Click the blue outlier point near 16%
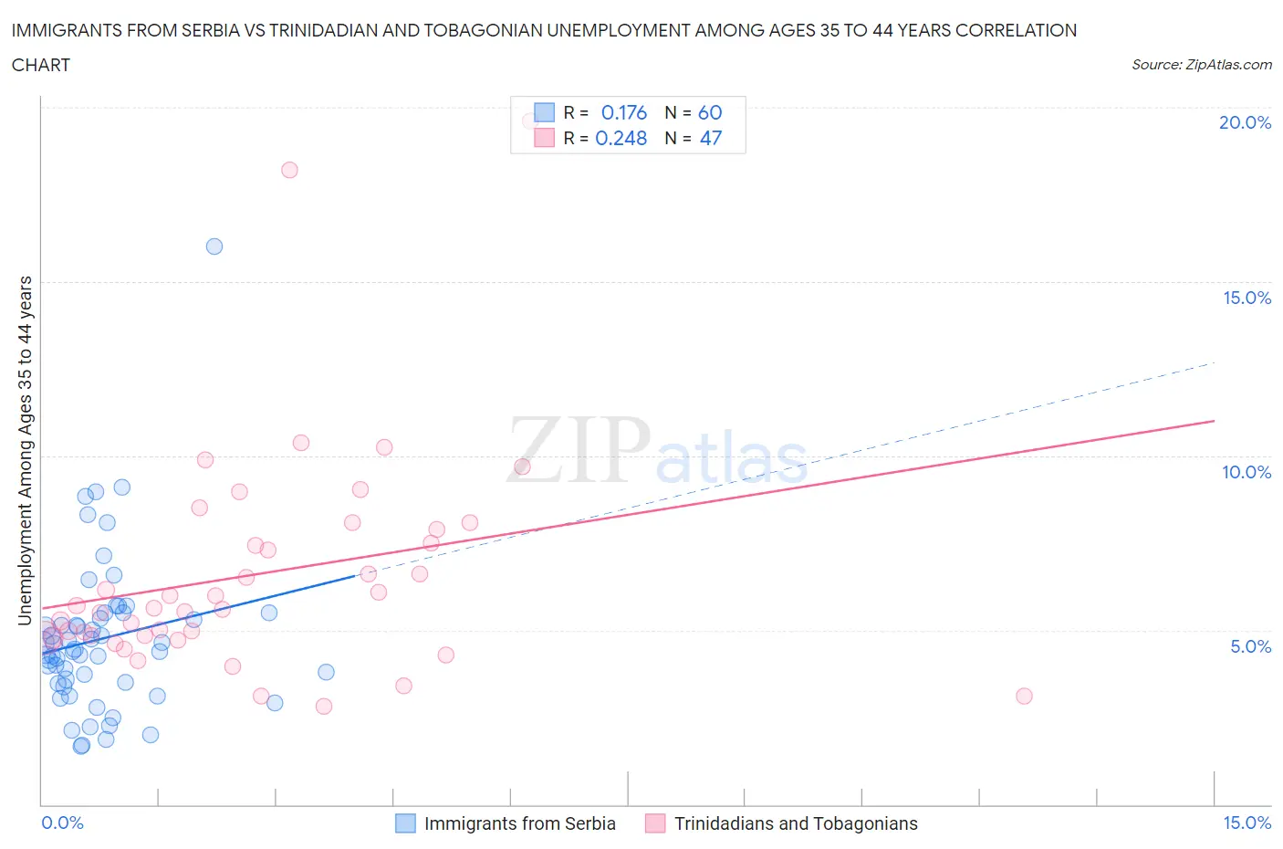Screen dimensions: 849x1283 click(x=214, y=246)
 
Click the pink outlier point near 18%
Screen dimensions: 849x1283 click(x=289, y=170)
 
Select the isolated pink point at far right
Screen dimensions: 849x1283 click(x=1024, y=696)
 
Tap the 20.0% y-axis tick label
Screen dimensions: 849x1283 click(x=1245, y=122)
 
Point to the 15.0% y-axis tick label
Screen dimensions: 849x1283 click(x=1246, y=298)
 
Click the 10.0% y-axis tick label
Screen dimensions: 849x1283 click(x=1246, y=472)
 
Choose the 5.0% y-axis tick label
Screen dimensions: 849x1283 click(x=1250, y=646)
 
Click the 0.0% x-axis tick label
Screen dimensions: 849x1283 click(x=62, y=823)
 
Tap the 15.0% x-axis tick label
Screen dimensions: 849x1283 click(x=1246, y=823)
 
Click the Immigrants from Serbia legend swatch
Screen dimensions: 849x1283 click(x=405, y=823)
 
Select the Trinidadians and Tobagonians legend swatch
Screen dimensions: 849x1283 click(x=655, y=823)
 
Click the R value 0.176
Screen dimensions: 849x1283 click(x=623, y=112)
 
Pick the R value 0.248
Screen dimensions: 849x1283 click(x=621, y=138)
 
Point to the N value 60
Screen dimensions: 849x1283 click(x=710, y=112)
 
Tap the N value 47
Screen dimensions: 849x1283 click(x=710, y=138)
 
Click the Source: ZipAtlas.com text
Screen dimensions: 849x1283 click(x=1201, y=64)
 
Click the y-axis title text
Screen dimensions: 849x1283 click(x=25, y=451)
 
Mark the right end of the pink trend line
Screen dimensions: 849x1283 click(x=1215, y=421)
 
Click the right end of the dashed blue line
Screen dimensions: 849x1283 click(x=1215, y=363)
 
